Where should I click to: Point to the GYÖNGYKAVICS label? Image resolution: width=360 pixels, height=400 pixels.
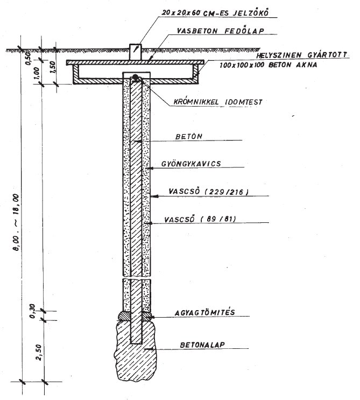point(197,163)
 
